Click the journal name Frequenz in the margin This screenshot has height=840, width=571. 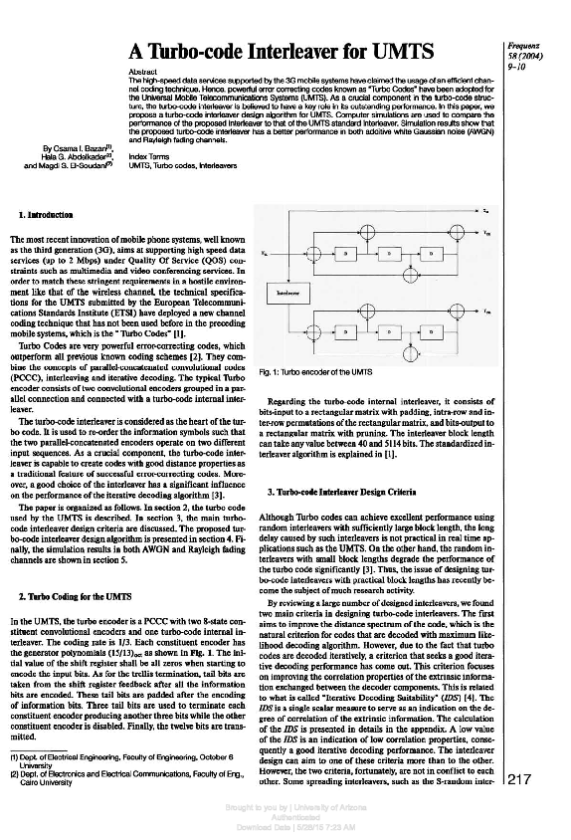[x=523, y=47]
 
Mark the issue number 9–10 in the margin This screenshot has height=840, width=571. [x=516, y=66]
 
